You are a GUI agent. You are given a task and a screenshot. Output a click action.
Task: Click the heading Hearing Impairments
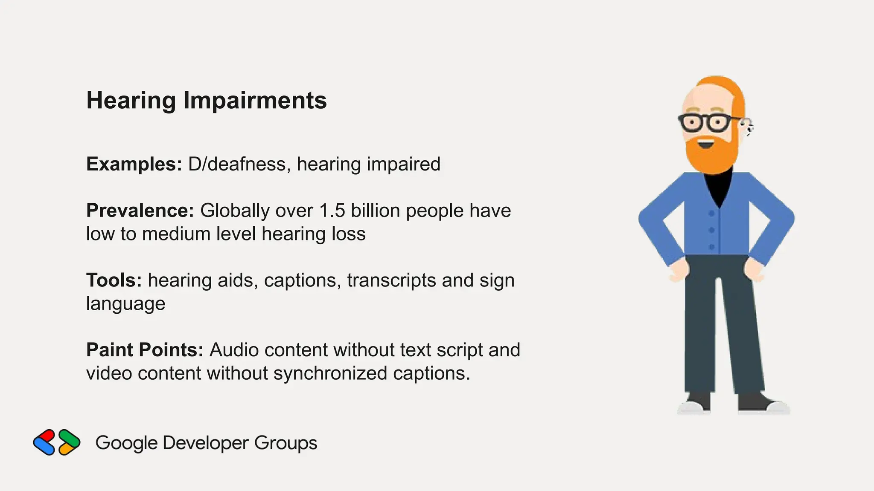207,101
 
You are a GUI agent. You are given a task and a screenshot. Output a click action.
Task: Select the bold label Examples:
134,164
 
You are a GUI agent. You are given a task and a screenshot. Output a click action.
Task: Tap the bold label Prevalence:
140,211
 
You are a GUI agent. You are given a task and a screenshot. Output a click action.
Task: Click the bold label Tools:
114,280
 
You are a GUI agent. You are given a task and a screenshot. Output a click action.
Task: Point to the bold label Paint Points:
145,350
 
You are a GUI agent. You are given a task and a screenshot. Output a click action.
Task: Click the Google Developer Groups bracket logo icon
57,442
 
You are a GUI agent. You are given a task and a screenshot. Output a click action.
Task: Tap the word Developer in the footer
205,443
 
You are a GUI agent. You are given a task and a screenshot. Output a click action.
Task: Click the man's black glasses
706,123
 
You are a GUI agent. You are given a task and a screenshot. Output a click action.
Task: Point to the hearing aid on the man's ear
748,127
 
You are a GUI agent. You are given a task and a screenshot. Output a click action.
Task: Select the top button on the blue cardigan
711,213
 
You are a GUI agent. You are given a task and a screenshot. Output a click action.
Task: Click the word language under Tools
125,304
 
